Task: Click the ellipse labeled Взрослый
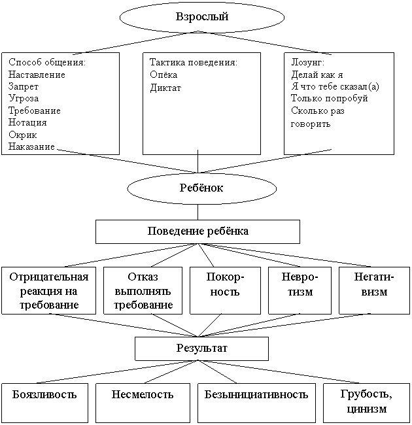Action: pos(202,17)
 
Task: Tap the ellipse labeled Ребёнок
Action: pos(201,188)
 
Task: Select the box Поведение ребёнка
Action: pos(197,231)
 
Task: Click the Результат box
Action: pos(201,348)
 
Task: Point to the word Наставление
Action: pos(37,75)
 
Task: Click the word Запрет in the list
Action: pos(24,86)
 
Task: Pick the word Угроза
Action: pos(24,98)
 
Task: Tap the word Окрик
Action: pos(22,135)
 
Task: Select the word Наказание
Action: pos(31,146)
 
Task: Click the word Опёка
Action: pos(163,75)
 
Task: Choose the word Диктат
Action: pos(165,88)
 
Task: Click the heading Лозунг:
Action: pos(307,62)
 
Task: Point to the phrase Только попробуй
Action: pos(330,98)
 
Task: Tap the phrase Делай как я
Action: pos(317,75)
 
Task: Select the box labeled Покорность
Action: pos(225,290)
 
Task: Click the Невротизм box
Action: pos(300,290)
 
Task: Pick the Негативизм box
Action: pos(374,290)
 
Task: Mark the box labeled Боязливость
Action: pos(44,403)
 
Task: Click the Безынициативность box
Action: pos(256,403)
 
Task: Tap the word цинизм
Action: pos(366,409)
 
